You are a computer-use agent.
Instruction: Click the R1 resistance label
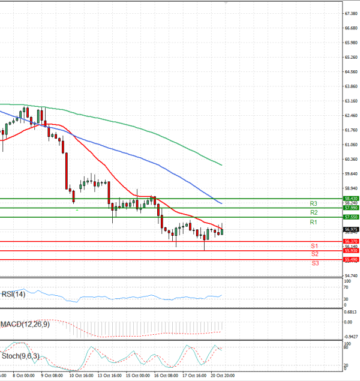pyautogui.click(x=313, y=223)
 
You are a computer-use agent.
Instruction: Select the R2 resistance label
pyautogui.click(x=313, y=212)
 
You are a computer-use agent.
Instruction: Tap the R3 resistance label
pyautogui.click(x=313, y=203)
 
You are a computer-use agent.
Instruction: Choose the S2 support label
pyautogui.click(x=314, y=254)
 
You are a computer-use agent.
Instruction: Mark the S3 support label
pyautogui.click(x=314, y=263)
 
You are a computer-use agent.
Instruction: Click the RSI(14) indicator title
pyautogui.click(x=13, y=294)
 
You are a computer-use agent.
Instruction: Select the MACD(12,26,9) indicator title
pyautogui.click(x=25, y=324)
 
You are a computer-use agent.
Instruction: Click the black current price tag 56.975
pyautogui.click(x=351, y=230)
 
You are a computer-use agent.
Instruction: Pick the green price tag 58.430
pyautogui.click(x=351, y=198)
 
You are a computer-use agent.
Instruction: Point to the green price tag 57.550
pyautogui.click(x=351, y=217)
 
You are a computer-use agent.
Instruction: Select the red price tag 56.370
pyautogui.click(x=351, y=241)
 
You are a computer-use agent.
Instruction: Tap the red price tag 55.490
pyautogui.click(x=351, y=259)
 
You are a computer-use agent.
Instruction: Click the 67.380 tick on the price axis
pyautogui.click(x=351, y=13)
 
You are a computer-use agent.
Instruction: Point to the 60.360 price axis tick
pyautogui.click(x=351, y=159)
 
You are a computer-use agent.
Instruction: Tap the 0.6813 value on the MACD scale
pyautogui.click(x=351, y=311)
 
